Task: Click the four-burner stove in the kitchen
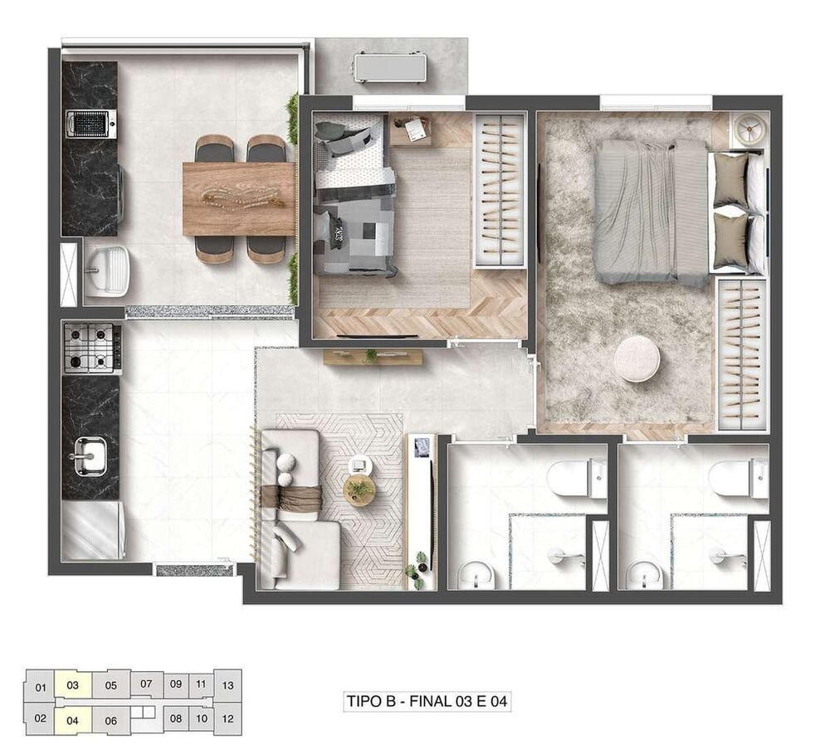91,348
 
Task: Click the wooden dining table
239,198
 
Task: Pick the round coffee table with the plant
359,490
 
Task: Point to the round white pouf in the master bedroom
637,359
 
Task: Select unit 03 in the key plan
73,685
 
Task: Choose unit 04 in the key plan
73,719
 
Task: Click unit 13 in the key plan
228,685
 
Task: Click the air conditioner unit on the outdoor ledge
390,66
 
